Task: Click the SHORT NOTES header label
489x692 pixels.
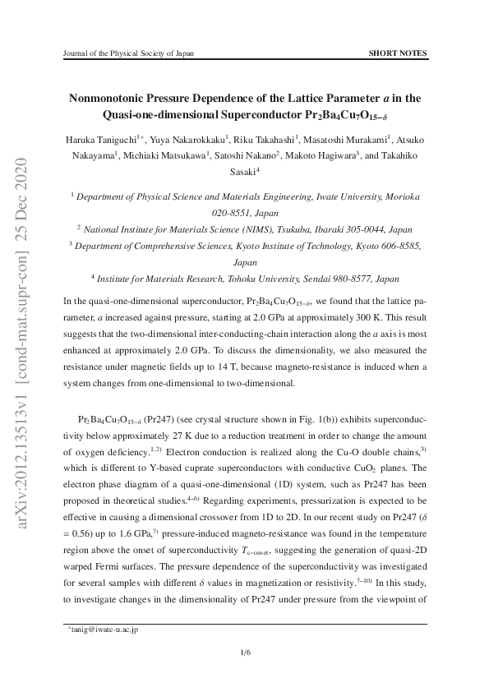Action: pyautogui.click(x=399, y=53)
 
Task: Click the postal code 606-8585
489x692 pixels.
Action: pyautogui.click(x=402, y=245)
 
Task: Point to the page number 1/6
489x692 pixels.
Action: pyautogui.click(x=245, y=653)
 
